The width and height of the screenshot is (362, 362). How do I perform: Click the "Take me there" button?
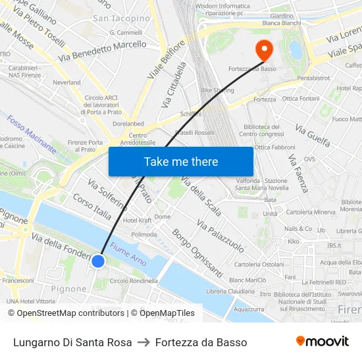click(x=181, y=161)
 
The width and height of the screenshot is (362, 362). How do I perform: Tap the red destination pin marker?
click(x=265, y=49)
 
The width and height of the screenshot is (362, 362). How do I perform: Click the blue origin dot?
click(x=98, y=261)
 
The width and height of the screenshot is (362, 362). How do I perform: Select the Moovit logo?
click(x=322, y=342)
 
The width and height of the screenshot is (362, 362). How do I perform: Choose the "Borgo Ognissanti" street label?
click(x=197, y=253)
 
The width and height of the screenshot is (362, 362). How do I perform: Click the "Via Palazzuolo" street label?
click(x=220, y=238)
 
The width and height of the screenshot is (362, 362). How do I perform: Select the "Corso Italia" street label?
click(x=92, y=206)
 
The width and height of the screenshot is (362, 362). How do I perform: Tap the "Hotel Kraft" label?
click(x=137, y=220)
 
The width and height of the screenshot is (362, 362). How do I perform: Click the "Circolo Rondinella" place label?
click(x=134, y=281)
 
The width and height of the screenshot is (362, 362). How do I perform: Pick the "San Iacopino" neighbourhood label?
click(x=121, y=18)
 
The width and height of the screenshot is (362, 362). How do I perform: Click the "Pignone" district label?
click(x=68, y=289)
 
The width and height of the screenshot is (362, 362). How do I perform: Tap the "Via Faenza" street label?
click(x=298, y=173)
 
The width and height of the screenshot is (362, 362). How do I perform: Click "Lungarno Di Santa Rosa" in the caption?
click(x=72, y=342)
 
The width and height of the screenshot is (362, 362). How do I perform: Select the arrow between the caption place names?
click(x=143, y=342)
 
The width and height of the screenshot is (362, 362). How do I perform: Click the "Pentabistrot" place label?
click(x=314, y=78)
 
